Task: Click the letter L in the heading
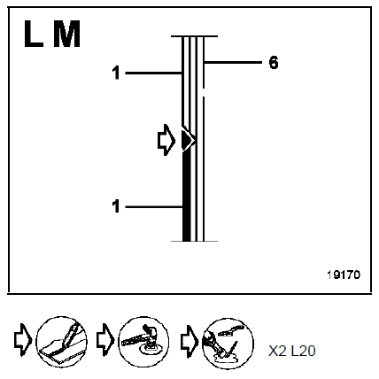click(33, 34)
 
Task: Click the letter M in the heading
click(66, 34)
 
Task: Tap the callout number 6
click(274, 63)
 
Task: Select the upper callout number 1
click(116, 73)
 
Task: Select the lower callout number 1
click(116, 206)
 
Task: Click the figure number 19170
click(344, 275)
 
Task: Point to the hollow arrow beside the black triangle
click(166, 140)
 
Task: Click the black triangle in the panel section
click(187, 140)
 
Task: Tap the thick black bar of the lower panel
click(187, 197)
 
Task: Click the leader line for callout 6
click(233, 62)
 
